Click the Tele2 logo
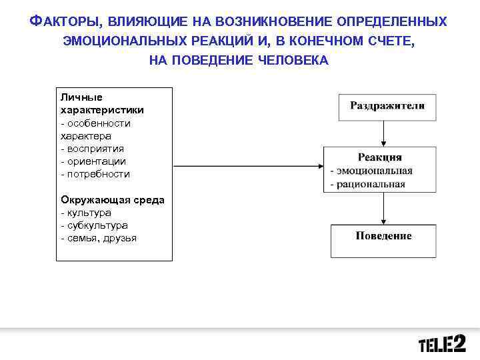coord(442,344)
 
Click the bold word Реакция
coord(379,157)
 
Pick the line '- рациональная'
coord(368,184)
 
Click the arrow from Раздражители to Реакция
coord(383,134)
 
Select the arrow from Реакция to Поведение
coord(383,209)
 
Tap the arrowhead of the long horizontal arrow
coord(319,165)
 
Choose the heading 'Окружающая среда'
coord(113,200)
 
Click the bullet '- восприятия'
coord(92,149)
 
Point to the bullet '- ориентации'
coord(93,161)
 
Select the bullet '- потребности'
coord(95,174)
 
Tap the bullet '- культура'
coord(86,213)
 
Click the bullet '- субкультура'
coord(94,225)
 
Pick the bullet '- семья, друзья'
coord(98,238)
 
